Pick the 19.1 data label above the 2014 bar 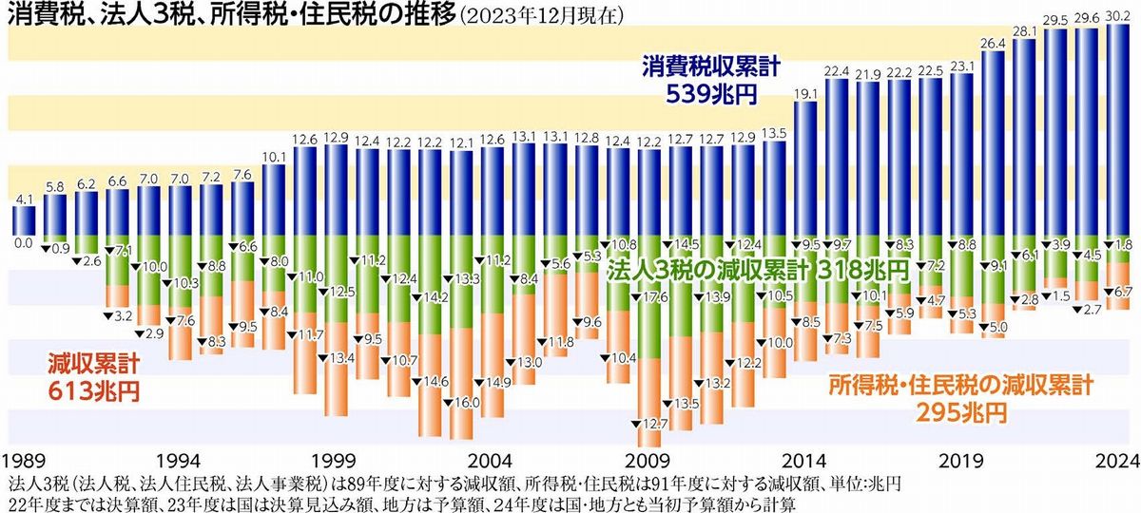coord(805,92)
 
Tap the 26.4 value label coord(993,43)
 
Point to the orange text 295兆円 coord(959,411)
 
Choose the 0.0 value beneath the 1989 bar coord(23,243)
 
